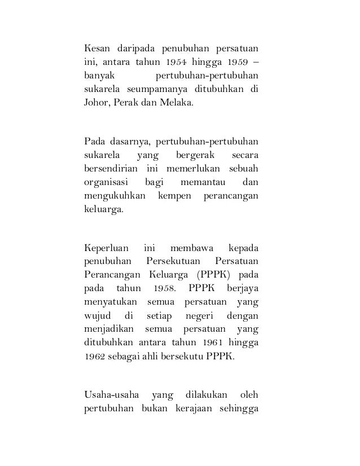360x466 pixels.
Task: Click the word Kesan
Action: pos(98,46)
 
